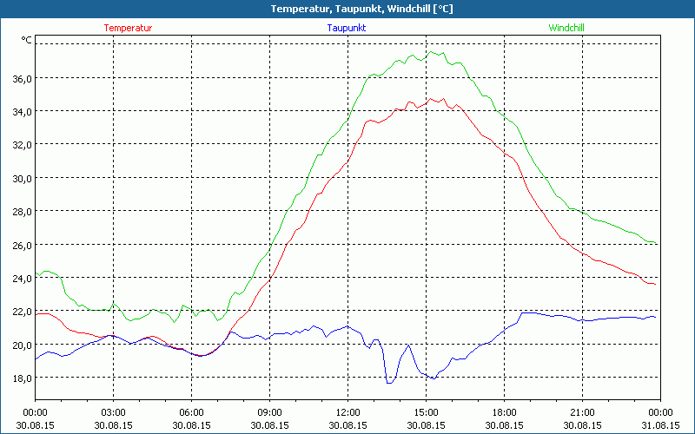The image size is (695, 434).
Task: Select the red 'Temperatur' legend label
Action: pyautogui.click(x=128, y=28)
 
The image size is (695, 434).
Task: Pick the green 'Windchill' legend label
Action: pyautogui.click(x=566, y=28)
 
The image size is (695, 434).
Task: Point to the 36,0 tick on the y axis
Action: pyautogui.click(x=21, y=78)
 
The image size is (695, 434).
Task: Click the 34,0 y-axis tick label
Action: pyautogui.click(x=21, y=111)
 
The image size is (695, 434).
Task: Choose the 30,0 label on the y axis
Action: pyautogui.click(x=21, y=178)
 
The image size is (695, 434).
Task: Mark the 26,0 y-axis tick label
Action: pyautogui.click(x=21, y=245)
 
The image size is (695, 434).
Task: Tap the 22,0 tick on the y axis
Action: pyautogui.click(x=21, y=311)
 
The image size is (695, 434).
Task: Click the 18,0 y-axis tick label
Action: pyautogui.click(x=21, y=378)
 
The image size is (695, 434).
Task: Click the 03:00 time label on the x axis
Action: pyautogui.click(x=114, y=412)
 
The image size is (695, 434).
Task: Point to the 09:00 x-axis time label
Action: pyautogui.click(x=269, y=412)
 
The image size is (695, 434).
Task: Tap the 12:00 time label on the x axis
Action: pyautogui.click(x=347, y=412)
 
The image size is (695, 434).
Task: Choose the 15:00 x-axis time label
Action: pyautogui.click(x=426, y=412)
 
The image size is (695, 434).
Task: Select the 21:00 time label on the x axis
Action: pyautogui.click(x=582, y=412)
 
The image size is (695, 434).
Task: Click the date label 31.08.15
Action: pyautogui.click(x=660, y=425)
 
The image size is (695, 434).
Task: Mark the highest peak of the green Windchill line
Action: pyautogui.click(x=430, y=51)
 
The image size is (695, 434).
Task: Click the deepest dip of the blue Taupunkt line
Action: pyautogui.click(x=388, y=382)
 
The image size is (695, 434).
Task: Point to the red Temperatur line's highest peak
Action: pyautogui.click(x=431, y=98)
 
